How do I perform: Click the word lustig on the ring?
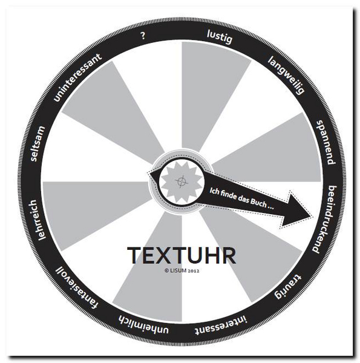[x=220, y=37]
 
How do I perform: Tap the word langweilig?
[x=286, y=75]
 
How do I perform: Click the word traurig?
[x=288, y=286]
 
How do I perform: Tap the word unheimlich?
[x=143, y=324]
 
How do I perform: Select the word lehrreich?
[x=38, y=220]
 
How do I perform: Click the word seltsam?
[x=37, y=144]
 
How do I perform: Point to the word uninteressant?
[x=77, y=77]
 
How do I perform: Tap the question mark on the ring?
[x=143, y=36]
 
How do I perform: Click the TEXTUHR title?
[x=182, y=255]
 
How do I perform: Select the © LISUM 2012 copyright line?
[x=182, y=270]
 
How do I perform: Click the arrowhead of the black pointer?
[x=297, y=211]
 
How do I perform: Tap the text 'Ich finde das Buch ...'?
[x=241, y=199]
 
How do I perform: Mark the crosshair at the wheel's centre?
[x=182, y=181]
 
